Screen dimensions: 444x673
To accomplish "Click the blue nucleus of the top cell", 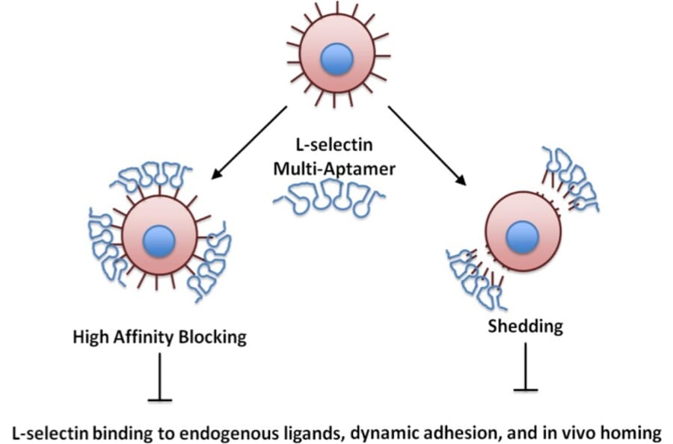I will (336, 58).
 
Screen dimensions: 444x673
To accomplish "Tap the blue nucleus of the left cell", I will (159, 241).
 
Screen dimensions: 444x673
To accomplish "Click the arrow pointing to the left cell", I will (249, 142).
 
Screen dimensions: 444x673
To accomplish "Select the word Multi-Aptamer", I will (334, 168).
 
